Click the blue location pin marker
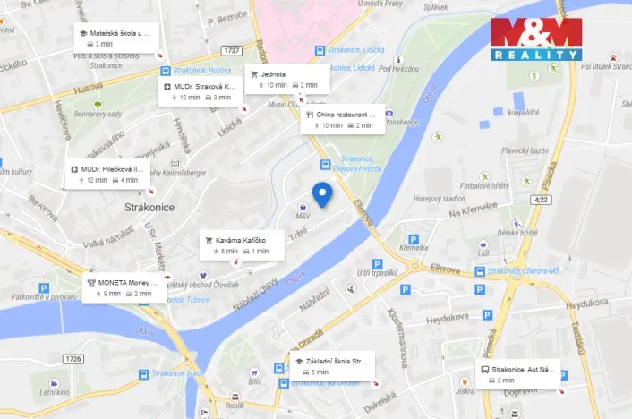click(321, 193)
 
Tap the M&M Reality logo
click(536, 38)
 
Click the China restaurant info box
click(343, 120)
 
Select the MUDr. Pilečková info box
click(108, 174)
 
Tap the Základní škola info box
click(330, 365)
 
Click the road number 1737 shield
click(233, 50)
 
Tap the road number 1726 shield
click(73, 359)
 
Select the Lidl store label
click(484, 253)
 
